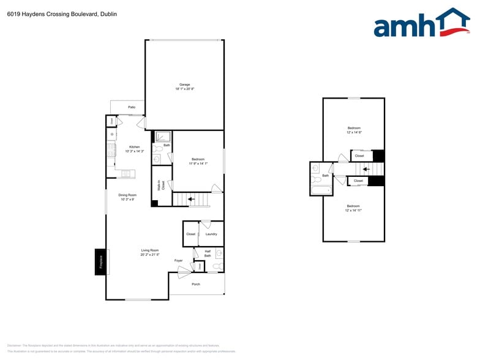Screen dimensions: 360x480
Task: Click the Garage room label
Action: pyautogui.click(x=184, y=84)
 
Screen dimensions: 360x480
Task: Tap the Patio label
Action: pyautogui.click(x=132, y=107)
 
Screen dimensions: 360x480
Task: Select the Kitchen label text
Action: pyautogui.click(x=134, y=146)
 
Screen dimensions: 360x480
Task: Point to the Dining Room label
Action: pyautogui.click(x=128, y=195)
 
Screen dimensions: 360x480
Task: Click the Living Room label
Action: pyautogui.click(x=150, y=250)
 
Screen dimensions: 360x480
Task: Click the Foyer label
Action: pyautogui.click(x=179, y=261)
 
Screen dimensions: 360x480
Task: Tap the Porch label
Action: pyautogui.click(x=196, y=284)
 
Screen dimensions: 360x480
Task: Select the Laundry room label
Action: pyautogui.click(x=211, y=234)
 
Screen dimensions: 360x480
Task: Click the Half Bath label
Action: pyautogui.click(x=208, y=252)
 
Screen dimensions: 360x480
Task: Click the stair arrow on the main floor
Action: pyautogui.click(x=190, y=198)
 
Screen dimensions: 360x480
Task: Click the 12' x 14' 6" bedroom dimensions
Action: pyautogui.click(x=354, y=132)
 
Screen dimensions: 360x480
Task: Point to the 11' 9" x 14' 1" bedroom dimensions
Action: pyautogui.click(x=198, y=163)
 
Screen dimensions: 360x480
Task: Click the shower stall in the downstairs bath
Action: pyautogui.click(x=163, y=137)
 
